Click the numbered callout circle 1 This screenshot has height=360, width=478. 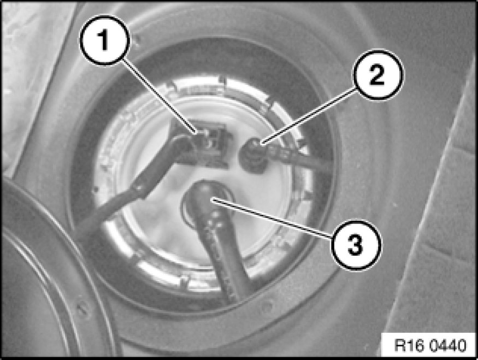(x=104, y=40)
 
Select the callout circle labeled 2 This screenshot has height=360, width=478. (x=378, y=75)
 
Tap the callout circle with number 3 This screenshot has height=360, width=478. (x=356, y=245)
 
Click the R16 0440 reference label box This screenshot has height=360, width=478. (x=430, y=345)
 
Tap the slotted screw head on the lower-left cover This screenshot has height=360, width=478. (x=82, y=309)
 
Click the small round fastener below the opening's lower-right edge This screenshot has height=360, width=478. (x=267, y=305)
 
